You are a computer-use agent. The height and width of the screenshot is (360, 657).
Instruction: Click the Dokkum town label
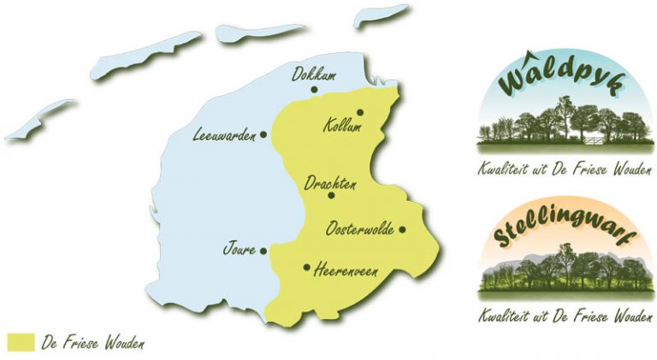click(x=313, y=74)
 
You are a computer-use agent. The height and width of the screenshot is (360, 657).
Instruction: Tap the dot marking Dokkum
click(x=315, y=89)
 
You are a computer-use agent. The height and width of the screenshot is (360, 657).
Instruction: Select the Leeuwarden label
click(x=225, y=134)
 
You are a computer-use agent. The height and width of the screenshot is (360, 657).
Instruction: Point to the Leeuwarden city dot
click(x=263, y=134)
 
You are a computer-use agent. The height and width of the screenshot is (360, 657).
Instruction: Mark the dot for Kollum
click(x=360, y=112)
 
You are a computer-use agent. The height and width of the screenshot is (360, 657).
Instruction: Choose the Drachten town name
click(x=331, y=182)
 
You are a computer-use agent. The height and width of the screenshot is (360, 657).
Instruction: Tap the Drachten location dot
click(x=331, y=195)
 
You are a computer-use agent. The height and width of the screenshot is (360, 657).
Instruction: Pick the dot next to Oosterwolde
click(x=401, y=229)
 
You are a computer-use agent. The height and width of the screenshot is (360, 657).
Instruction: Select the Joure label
click(x=239, y=251)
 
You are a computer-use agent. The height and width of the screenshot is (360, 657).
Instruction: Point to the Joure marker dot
click(x=263, y=251)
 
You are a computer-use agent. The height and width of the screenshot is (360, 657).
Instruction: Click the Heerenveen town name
click(x=346, y=271)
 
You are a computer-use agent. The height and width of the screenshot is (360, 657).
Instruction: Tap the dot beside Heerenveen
click(x=307, y=267)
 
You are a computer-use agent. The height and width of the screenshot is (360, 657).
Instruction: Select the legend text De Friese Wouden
click(x=92, y=343)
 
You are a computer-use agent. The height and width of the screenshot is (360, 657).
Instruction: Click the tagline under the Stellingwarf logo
click(x=565, y=315)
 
